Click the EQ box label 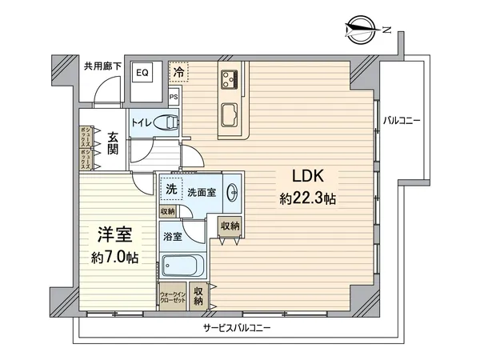coord(142,72)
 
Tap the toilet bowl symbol coord(167,122)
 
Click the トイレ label coord(142,122)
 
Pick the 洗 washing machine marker coord(170,190)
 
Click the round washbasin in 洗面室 coord(231,192)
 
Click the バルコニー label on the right coord(403,121)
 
